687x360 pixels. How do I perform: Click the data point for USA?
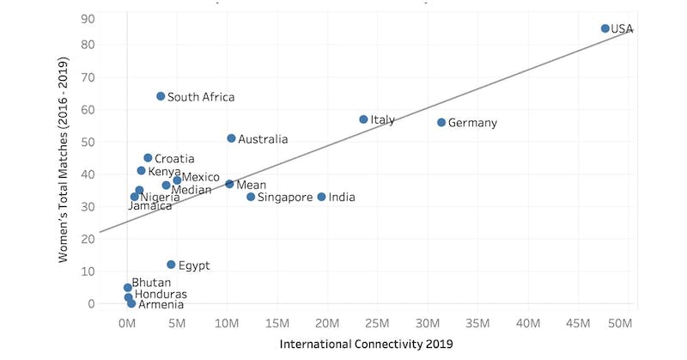coord(605,28)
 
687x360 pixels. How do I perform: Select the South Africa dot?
coord(161,96)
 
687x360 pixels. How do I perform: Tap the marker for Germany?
coord(441,123)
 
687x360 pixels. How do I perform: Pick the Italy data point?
coord(363,119)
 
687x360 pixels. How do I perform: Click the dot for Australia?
coord(231,138)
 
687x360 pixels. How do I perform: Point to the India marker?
coord(322,197)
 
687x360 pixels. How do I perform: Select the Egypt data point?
coord(171,265)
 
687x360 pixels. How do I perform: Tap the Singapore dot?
coord(251,197)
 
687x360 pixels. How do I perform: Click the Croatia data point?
coord(148,158)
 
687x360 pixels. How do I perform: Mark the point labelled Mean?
coord(229,184)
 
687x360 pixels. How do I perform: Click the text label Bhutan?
coord(151,283)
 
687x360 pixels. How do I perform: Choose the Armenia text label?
coord(161,304)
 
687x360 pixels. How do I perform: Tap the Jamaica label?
coord(149,206)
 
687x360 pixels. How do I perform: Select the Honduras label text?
coord(161,294)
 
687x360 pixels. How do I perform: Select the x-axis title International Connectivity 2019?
coord(367,345)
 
